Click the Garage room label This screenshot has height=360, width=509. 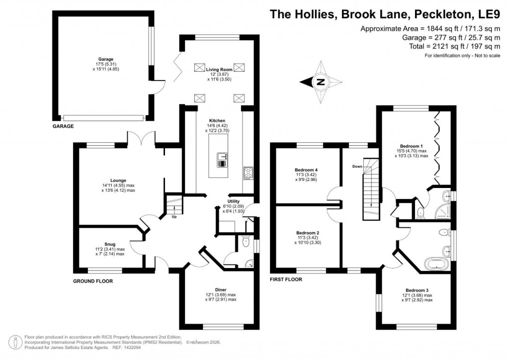click(105, 59)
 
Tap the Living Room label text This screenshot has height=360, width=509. click(219, 69)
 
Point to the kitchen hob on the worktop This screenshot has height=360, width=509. click(248, 173)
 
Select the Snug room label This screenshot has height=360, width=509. click(110, 244)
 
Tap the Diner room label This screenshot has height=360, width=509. click(221, 289)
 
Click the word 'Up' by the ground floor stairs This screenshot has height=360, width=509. click(173, 217)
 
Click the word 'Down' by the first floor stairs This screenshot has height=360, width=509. click(357, 166)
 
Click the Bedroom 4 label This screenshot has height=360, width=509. click(307, 170)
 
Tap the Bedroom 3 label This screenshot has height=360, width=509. click(418, 290)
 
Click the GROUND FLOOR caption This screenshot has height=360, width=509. click(93, 281)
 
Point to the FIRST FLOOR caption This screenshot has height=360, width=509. click(285, 279)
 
